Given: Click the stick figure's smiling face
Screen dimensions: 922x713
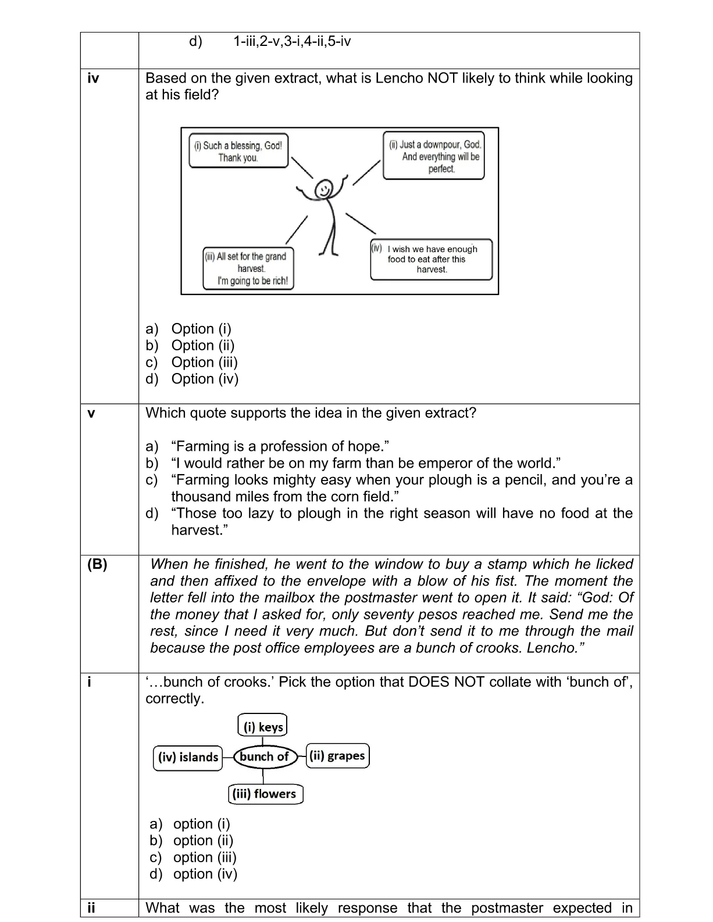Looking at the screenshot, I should pyautogui.click(x=324, y=188).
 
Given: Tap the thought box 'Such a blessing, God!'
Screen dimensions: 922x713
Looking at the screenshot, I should pyautogui.click(x=238, y=151).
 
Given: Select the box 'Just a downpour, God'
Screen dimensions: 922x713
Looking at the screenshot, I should pyautogui.click(x=434, y=156).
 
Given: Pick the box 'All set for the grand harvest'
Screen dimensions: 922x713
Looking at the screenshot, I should pyautogui.click(x=248, y=268).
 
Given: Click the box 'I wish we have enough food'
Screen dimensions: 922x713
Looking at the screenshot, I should pyautogui.click(x=432, y=259).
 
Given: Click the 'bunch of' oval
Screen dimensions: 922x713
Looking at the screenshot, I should pyautogui.click(x=265, y=756).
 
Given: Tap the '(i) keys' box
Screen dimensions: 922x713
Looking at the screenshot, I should pyautogui.click(x=263, y=726).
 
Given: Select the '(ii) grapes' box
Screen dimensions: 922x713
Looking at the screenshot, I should pyautogui.click(x=337, y=755).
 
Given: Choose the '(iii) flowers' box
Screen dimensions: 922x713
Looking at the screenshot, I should pyautogui.click(x=265, y=794).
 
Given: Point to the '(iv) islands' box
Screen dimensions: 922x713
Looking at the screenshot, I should pyautogui.click(x=188, y=758).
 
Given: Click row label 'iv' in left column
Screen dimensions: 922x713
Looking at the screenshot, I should pyautogui.click(x=93, y=78).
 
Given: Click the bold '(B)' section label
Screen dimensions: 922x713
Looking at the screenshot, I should pyautogui.click(x=97, y=564).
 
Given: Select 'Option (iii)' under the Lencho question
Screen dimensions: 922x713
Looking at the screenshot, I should pyautogui.click(x=204, y=362).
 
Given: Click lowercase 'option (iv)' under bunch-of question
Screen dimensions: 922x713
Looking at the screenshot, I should pyautogui.click(x=205, y=874).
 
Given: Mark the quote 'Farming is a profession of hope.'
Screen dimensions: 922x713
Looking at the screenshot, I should pyautogui.click(x=280, y=446).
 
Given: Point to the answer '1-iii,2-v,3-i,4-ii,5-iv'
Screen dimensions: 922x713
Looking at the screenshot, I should pyautogui.click(x=292, y=41).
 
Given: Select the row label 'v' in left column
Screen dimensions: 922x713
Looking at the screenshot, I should pyautogui.click(x=91, y=413).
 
